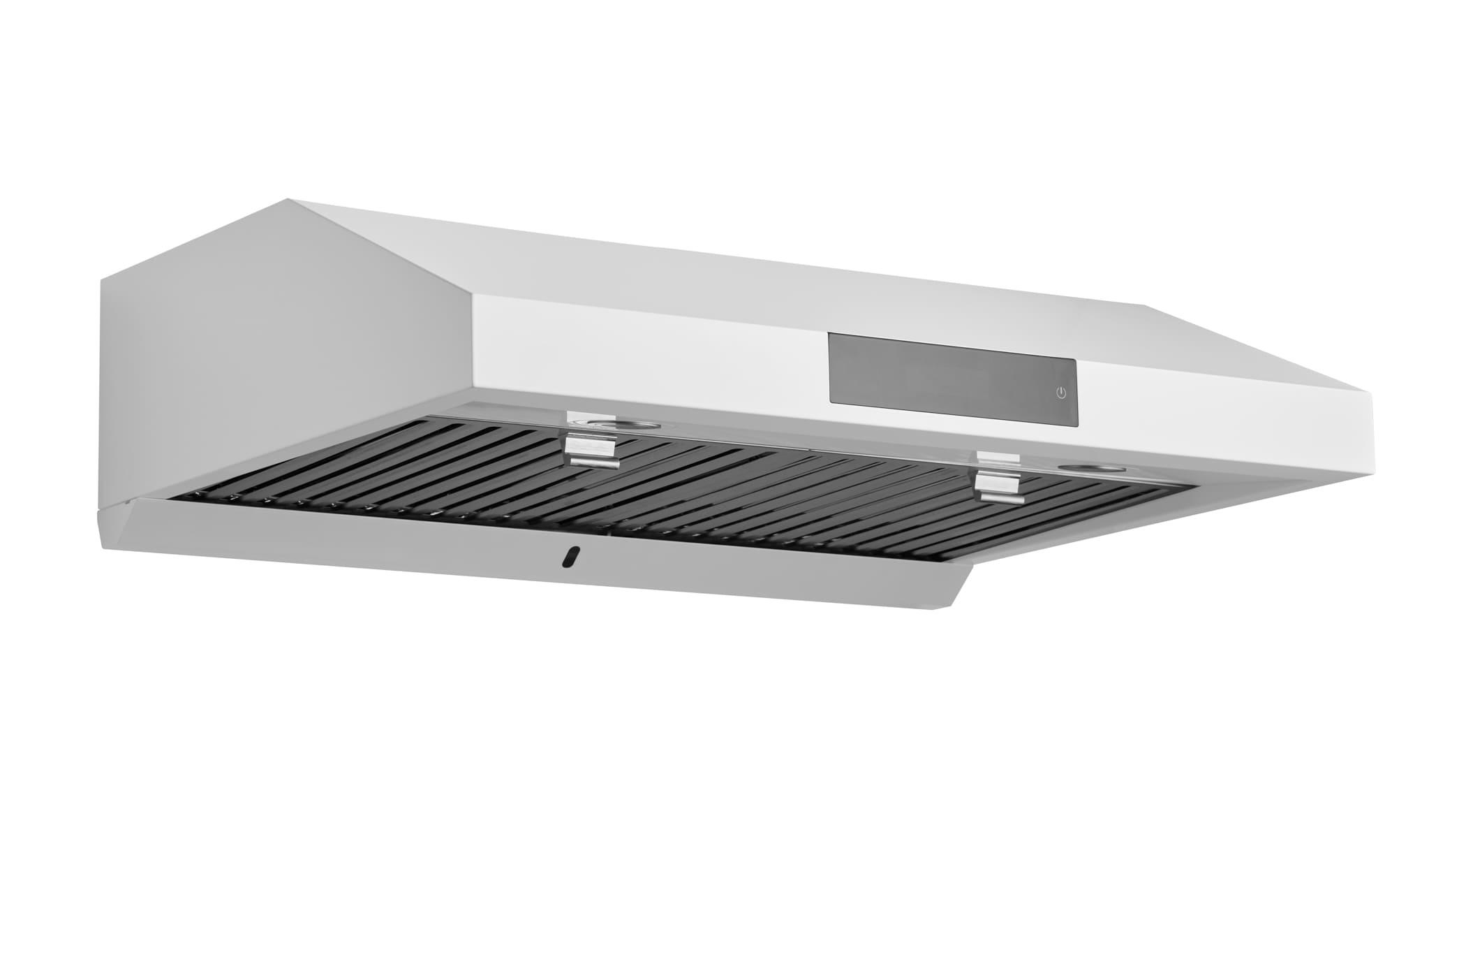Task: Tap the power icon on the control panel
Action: coord(1061,393)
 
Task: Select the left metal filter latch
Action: coord(593,451)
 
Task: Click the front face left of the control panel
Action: coord(649,349)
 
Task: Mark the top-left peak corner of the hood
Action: coord(289,200)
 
